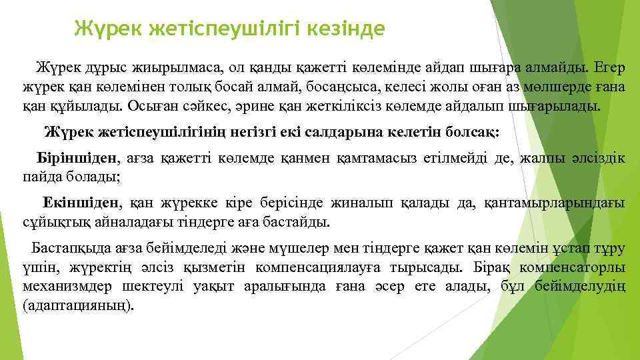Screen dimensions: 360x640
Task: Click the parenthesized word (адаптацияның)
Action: tap(79, 307)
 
